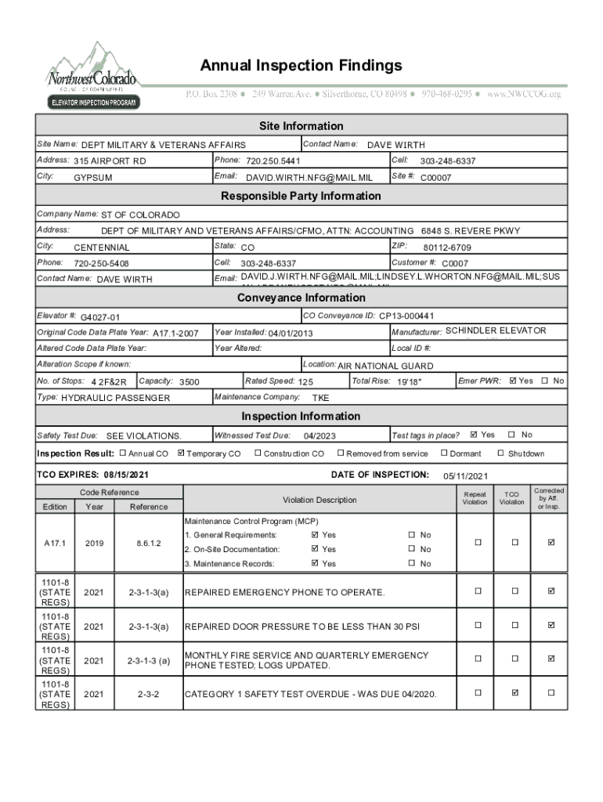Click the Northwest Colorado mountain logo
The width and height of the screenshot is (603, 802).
point(92,75)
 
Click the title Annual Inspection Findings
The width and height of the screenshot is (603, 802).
point(301,65)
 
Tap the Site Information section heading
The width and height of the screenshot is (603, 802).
point(301,126)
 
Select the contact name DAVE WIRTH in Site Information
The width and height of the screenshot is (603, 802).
point(396,145)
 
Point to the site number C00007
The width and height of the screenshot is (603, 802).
point(435,178)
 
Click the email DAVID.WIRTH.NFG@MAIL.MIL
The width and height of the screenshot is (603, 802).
point(309,178)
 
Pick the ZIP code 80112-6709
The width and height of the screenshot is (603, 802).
point(447,247)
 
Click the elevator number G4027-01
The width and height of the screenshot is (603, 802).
point(100,317)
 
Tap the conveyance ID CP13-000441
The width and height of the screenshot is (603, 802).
point(406,316)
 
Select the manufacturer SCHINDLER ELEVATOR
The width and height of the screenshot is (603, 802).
point(496,331)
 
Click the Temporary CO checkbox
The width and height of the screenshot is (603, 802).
point(182,453)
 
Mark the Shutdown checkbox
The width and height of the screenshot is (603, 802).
point(501,453)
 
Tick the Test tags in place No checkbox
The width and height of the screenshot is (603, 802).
point(512,435)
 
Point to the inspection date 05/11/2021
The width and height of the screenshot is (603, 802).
point(466,476)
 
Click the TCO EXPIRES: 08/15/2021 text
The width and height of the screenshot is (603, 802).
point(93,475)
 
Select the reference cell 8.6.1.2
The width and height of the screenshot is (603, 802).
point(149,541)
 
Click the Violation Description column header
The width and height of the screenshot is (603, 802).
point(320,500)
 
